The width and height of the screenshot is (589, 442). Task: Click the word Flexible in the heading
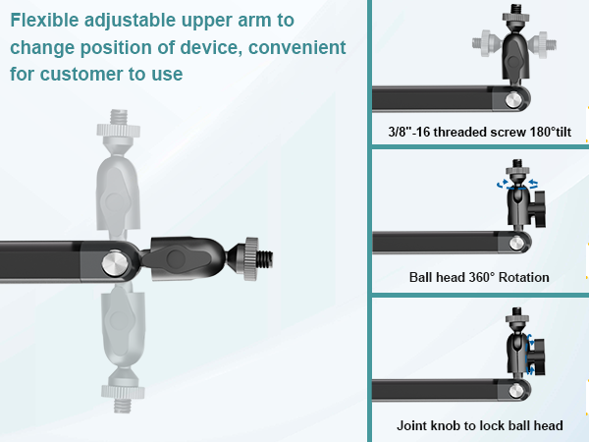pos(44,20)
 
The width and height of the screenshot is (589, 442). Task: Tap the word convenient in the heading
pos(297,47)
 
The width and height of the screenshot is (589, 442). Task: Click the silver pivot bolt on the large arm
pos(115,262)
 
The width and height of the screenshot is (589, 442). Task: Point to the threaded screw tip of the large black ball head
pos(266,258)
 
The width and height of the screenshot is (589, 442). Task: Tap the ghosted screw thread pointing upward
pos(119,117)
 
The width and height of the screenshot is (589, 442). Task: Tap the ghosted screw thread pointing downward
pos(123,405)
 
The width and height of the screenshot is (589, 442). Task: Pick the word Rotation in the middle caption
pos(523,277)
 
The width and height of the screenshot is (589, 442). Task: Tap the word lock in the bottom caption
pos(491,425)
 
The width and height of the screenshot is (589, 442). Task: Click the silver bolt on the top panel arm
pos(513,99)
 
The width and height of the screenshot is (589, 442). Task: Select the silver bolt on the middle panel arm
pos(516,244)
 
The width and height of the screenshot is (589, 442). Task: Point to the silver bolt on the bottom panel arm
pos(516,391)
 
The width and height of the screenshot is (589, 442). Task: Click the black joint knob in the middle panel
pos(539,208)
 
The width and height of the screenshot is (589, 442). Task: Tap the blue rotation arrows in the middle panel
pos(517,185)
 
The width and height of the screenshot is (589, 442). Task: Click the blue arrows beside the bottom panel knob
pos(530,354)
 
